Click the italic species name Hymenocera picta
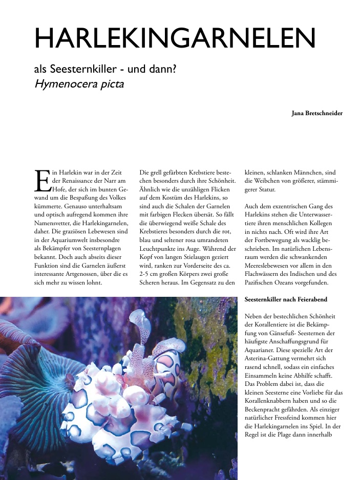pos(79,84)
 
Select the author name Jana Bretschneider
pos(316,113)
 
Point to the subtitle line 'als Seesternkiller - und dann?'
pos(105,69)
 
